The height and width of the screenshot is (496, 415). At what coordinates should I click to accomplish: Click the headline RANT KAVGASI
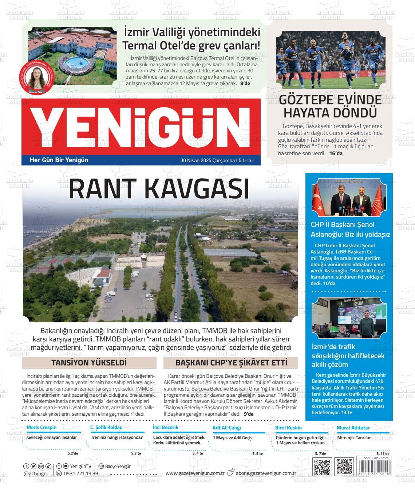159,189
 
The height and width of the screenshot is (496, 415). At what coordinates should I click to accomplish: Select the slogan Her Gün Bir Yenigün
59,160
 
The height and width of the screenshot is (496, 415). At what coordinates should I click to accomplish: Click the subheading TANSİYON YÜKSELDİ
89,363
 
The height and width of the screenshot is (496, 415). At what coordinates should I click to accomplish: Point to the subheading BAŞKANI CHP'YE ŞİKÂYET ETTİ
231,363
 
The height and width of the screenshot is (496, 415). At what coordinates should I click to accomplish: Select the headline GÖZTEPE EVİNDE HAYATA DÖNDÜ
330,106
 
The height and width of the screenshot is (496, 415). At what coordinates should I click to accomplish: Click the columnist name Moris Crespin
42,428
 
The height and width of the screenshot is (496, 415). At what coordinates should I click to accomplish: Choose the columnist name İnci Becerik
166,428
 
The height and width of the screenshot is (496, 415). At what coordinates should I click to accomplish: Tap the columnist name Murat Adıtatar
353,428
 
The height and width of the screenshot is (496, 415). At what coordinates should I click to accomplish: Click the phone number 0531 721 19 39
80,473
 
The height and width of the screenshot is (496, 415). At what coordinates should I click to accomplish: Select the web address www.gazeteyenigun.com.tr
195,473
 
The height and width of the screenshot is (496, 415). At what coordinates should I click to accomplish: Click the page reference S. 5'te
257,453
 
